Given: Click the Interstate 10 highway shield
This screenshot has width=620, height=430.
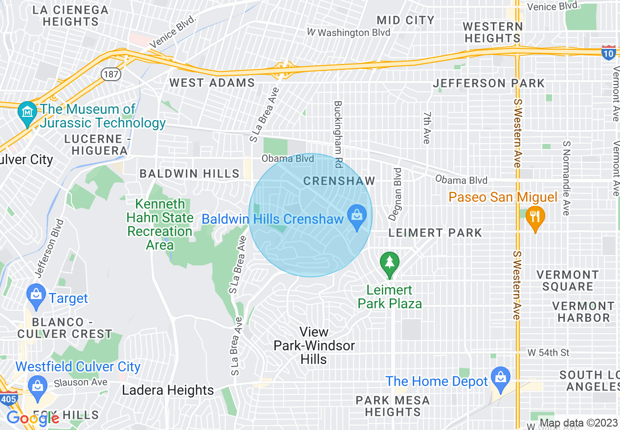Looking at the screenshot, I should pos(608,53).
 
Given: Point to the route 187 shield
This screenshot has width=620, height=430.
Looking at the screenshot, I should pos(109,74).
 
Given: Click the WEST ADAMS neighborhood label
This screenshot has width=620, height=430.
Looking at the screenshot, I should pos(212,83).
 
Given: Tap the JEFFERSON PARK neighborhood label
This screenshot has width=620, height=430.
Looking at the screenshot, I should pos(488,84).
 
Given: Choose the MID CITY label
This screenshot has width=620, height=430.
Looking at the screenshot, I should pos(406,20).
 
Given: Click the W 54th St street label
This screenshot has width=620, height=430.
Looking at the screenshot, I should pos(549,352).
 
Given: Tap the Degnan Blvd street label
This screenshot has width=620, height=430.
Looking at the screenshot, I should pos(398,194).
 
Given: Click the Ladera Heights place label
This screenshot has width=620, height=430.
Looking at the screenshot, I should pos(168,390).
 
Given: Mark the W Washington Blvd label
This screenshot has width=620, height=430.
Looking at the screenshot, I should pos(349,32).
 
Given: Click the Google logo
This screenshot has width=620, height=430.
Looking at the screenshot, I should pos(33,418).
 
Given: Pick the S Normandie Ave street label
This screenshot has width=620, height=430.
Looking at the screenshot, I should pos(566,178).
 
